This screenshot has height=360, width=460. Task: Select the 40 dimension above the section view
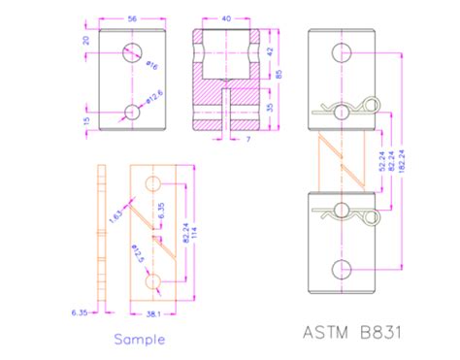pyautogui.click(x=226, y=17)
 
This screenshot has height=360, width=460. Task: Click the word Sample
pyautogui.click(x=139, y=340)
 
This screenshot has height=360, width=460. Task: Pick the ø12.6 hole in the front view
pyautogui.click(x=132, y=112)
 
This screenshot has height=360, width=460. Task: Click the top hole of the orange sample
pyautogui.click(x=150, y=184)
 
